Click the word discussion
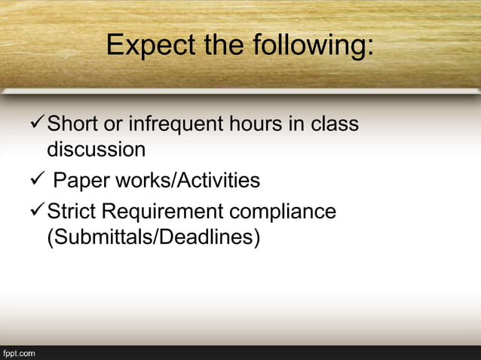[97, 149]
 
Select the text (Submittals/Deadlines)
[153, 238]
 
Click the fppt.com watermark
[19, 352]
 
